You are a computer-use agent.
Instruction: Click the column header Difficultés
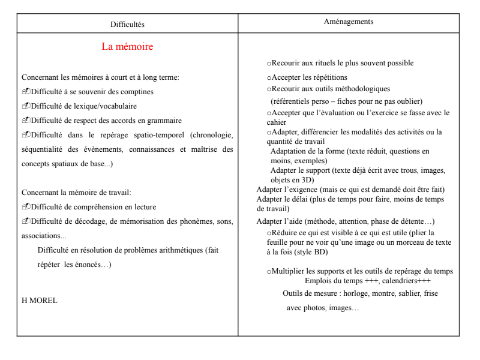coord(127,24)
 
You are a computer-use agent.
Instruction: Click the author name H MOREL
coord(40,300)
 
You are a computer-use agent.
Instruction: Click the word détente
coord(408,221)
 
